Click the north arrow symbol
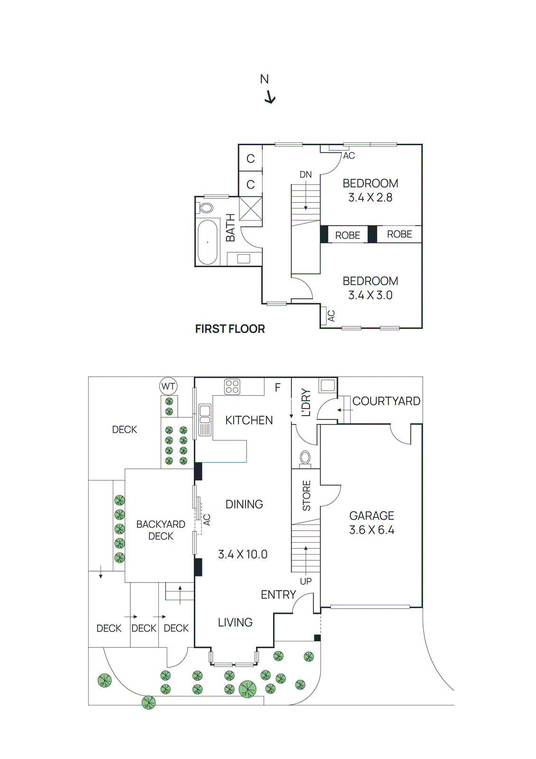point(270,97)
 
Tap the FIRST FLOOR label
point(230,329)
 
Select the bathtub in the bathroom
point(208,242)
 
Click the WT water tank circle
point(168,386)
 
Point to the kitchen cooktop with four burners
point(232,387)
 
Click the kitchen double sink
point(205,414)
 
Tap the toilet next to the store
point(306,458)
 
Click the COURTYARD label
point(386,401)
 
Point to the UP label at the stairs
point(306,581)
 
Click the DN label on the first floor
point(306,175)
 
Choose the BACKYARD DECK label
point(161,530)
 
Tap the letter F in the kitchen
point(278,388)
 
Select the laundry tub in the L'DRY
point(327,385)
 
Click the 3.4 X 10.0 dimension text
point(243,554)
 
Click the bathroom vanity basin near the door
point(244,259)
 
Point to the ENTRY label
point(278,594)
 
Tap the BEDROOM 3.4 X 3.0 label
point(370,288)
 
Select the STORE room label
point(307,495)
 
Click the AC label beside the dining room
point(207,519)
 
